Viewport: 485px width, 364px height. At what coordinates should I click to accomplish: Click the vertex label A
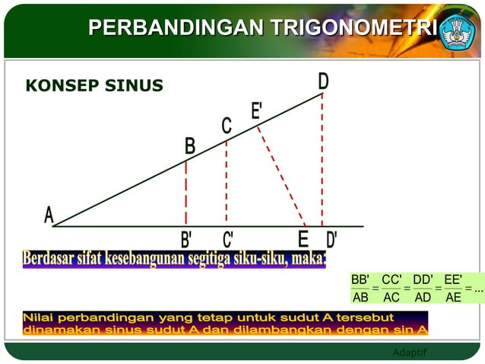pos(49,216)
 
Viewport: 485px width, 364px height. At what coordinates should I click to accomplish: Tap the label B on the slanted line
pos(190,146)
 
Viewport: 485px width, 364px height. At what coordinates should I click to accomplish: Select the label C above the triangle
pos(227,126)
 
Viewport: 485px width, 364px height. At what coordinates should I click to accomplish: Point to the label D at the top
pos(323,81)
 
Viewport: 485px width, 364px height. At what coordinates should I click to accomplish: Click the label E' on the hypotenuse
pos(257,111)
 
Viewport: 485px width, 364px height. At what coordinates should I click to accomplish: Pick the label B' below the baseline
pos(186,240)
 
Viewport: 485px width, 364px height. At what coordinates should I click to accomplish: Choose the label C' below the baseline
pos(227,240)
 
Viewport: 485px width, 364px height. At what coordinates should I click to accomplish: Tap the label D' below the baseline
pos(331,240)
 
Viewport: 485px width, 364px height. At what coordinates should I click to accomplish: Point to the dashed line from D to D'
pos(322,160)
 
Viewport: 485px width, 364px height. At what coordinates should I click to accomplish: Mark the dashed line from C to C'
pos(226,183)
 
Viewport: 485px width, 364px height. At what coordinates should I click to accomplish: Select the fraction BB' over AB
pos(360,289)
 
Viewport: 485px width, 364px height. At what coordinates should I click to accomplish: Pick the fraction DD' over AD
pos(423,289)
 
